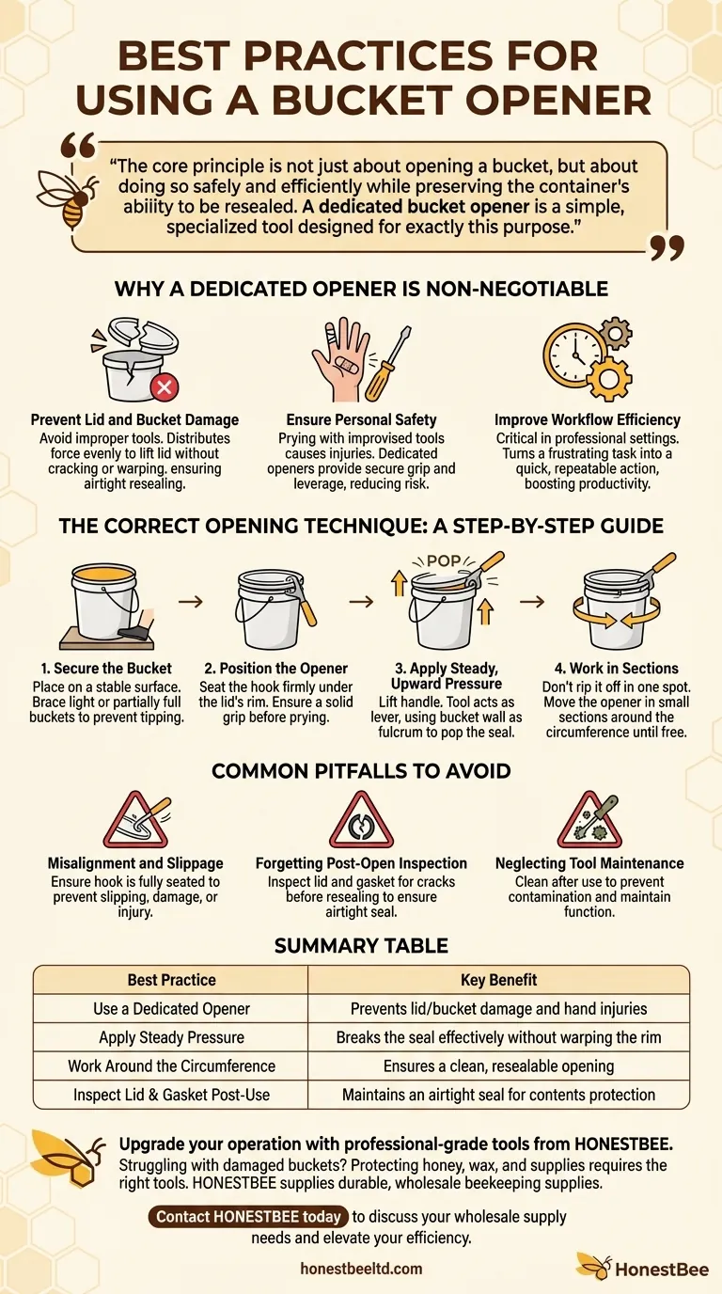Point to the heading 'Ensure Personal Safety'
coord(361,420)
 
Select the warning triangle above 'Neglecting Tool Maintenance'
coord(589,820)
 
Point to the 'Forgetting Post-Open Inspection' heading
coord(361,863)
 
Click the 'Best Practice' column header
coord(171,980)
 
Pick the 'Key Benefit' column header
coord(498,980)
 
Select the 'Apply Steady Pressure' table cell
coord(171,1038)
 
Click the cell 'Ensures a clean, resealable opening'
coord(498,1066)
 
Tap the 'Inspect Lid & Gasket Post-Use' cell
coord(171,1096)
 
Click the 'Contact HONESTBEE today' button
coord(248,1217)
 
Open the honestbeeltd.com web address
coord(361,1269)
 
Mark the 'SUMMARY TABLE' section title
coord(361,945)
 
